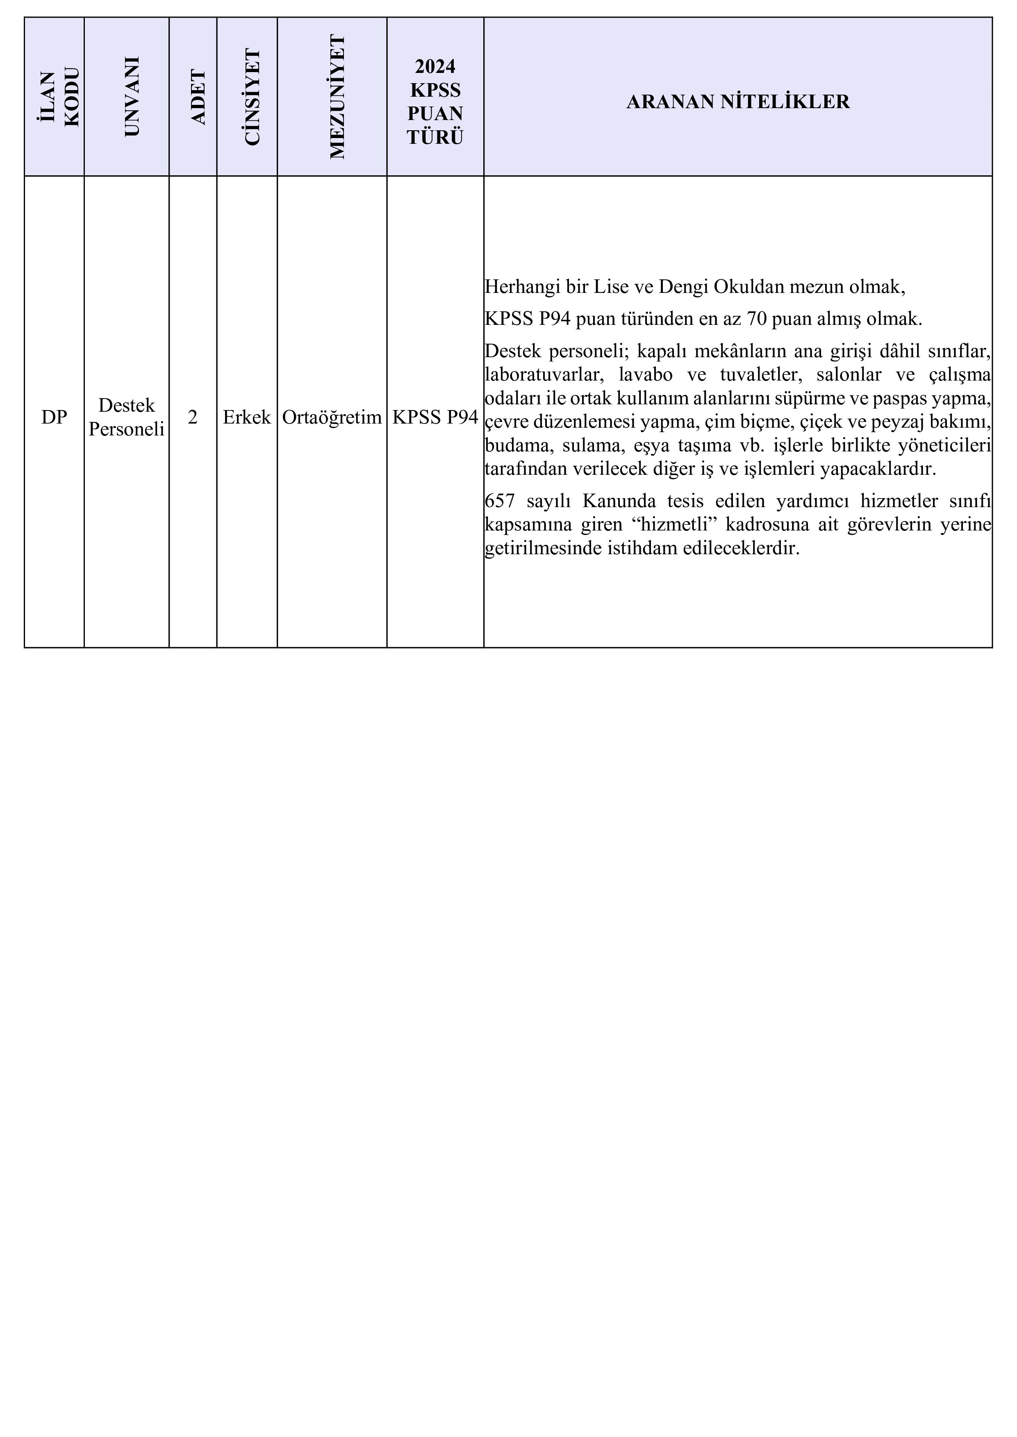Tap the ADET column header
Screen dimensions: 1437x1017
tap(198, 97)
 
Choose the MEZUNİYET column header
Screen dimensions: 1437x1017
tap(337, 97)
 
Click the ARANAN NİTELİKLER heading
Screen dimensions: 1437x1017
tap(738, 102)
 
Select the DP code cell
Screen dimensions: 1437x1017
tap(54, 417)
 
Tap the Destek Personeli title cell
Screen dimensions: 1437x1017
tap(127, 417)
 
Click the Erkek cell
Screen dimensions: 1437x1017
tap(247, 417)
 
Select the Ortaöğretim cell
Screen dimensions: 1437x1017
tap(332, 417)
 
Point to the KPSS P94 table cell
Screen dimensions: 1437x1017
tap(435, 417)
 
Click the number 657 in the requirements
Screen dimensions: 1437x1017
tap(500, 501)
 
